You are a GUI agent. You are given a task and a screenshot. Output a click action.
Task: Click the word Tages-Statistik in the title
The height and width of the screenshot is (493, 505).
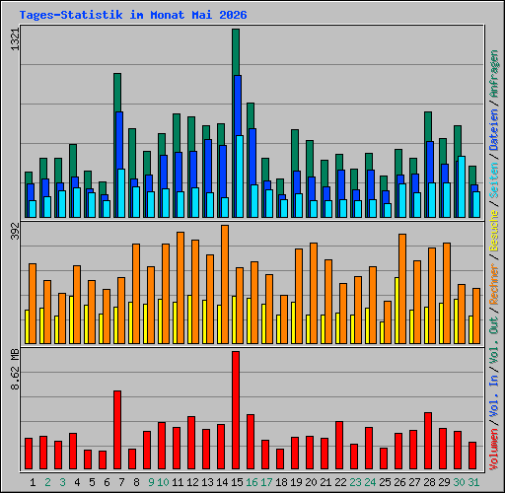(x=71, y=15)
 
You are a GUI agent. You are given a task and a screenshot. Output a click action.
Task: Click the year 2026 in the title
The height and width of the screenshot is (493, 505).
(x=233, y=15)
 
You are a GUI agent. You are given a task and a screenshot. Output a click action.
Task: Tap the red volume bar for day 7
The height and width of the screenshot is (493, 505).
(x=117, y=430)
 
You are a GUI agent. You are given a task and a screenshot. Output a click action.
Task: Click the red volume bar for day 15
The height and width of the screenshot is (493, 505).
(x=236, y=410)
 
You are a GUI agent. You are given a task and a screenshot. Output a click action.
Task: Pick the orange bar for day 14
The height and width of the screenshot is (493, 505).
(x=225, y=284)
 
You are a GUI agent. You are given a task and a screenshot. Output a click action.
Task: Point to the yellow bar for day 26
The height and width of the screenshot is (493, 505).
(x=397, y=311)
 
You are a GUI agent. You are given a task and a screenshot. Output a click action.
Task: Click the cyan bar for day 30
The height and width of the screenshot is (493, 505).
(x=462, y=186)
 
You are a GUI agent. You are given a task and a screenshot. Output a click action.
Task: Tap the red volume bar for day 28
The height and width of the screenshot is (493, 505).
(x=428, y=441)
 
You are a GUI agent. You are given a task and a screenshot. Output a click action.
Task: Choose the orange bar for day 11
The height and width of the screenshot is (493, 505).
(x=180, y=288)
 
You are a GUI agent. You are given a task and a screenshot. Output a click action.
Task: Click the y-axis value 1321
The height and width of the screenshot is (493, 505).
(x=15, y=39)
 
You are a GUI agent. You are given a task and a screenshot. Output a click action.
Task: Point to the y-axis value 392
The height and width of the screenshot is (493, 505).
(x=15, y=231)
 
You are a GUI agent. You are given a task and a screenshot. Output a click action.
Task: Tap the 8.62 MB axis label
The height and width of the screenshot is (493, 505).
(x=15, y=369)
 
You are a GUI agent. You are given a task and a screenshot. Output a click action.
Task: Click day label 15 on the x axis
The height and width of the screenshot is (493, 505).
(x=237, y=482)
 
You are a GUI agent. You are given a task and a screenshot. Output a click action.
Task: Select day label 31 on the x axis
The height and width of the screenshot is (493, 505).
(x=473, y=482)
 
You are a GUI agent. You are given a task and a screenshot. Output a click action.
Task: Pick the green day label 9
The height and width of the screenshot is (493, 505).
(x=151, y=482)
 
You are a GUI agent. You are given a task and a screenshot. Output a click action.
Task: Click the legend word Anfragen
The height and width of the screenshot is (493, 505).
(x=494, y=74)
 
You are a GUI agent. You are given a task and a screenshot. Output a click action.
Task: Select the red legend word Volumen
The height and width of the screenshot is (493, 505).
(x=494, y=449)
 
